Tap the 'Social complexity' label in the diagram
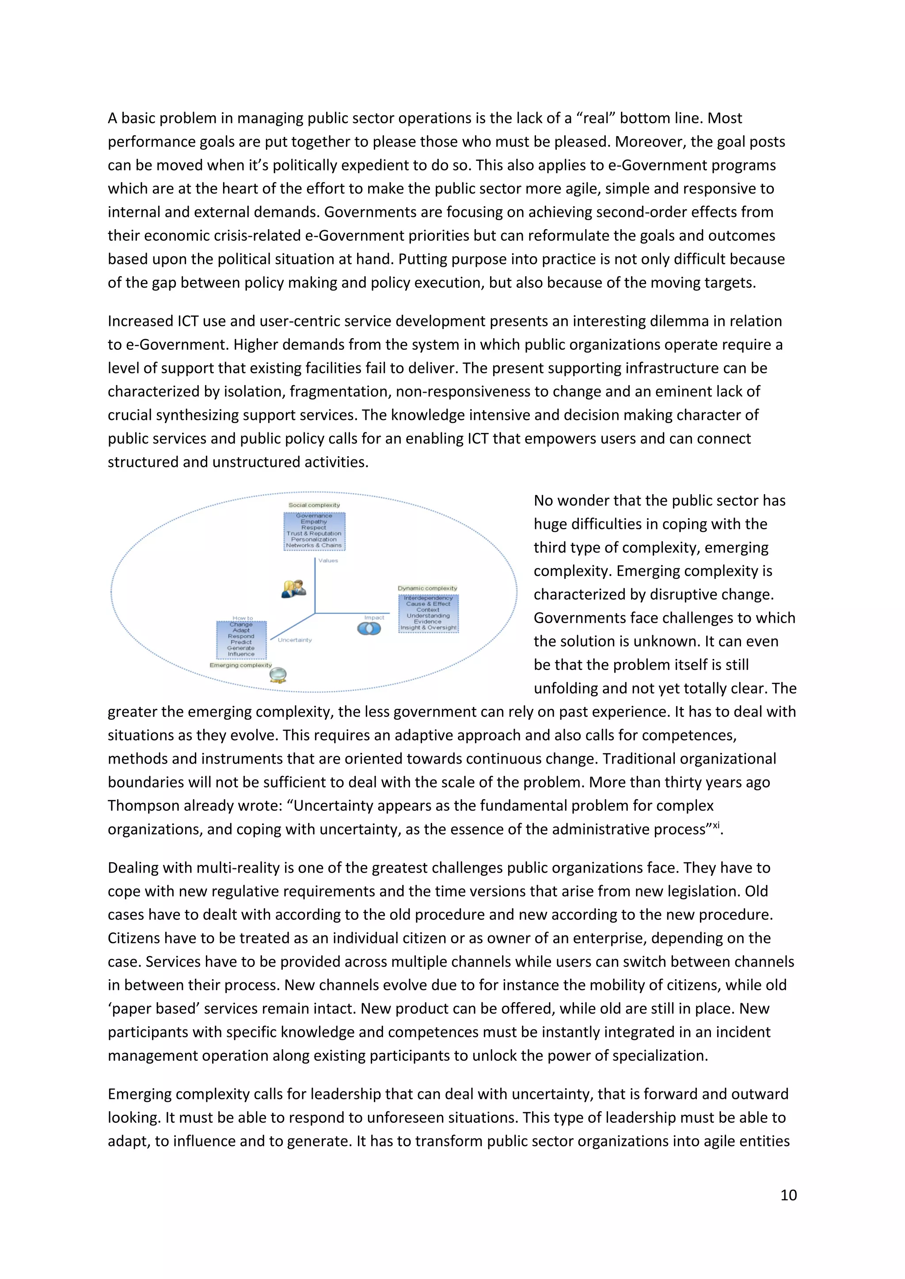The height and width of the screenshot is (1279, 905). pos(314,505)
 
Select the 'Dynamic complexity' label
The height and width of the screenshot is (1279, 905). pos(427,588)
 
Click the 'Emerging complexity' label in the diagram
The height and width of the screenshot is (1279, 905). pos(240,665)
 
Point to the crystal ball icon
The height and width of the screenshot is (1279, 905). pos(278,675)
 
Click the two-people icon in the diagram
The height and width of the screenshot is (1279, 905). pos(294,588)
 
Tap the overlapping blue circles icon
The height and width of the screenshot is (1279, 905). pos(369,628)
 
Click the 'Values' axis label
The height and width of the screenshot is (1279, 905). pos(328,560)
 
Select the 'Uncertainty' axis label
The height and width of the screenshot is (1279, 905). pos(295,639)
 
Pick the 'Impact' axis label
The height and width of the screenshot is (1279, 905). pos(374,617)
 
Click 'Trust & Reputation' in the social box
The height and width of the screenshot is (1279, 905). pos(314,533)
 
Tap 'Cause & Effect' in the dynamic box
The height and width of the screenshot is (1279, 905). pos(428,603)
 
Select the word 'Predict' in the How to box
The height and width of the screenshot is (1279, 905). pos(241,642)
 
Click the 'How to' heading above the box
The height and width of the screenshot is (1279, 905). pos(243,618)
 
